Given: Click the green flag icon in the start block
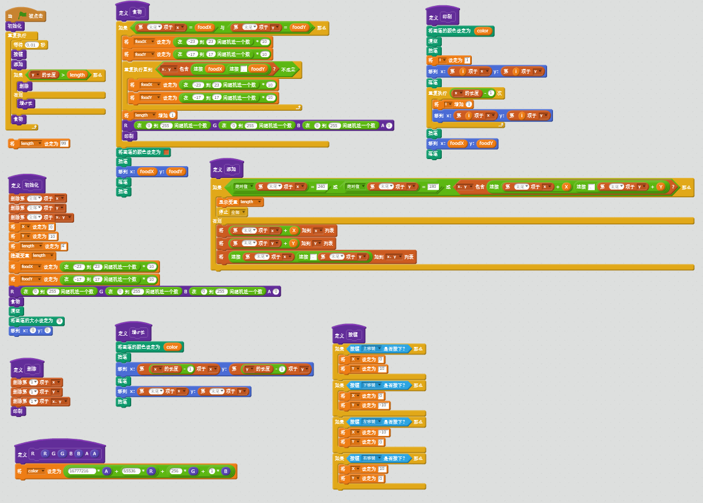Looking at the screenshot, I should [x=22, y=15].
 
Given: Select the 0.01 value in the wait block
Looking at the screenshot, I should [x=32, y=45].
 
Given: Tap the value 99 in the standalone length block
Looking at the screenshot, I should [x=64, y=143].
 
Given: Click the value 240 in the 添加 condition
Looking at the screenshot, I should [x=321, y=187].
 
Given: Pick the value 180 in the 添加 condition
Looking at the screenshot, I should [x=432, y=187].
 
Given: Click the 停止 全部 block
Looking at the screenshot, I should [x=232, y=212].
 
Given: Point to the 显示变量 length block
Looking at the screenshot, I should [x=240, y=202].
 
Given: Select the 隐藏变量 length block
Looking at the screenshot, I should [x=32, y=256].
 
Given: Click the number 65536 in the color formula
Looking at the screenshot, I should [x=130, y=471].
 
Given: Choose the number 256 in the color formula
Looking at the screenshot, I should [x=175, y=471].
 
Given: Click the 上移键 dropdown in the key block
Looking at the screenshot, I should [x=371, y=349].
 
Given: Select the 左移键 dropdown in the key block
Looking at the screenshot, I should [x=371, y=422].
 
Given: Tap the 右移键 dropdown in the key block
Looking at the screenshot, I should [x=371, y=458].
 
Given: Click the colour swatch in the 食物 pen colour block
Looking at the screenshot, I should [x=166, y=152].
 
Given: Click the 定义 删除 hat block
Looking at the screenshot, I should [x=27, y=369].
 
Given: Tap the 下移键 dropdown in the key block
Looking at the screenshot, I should [x=371, y=385].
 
